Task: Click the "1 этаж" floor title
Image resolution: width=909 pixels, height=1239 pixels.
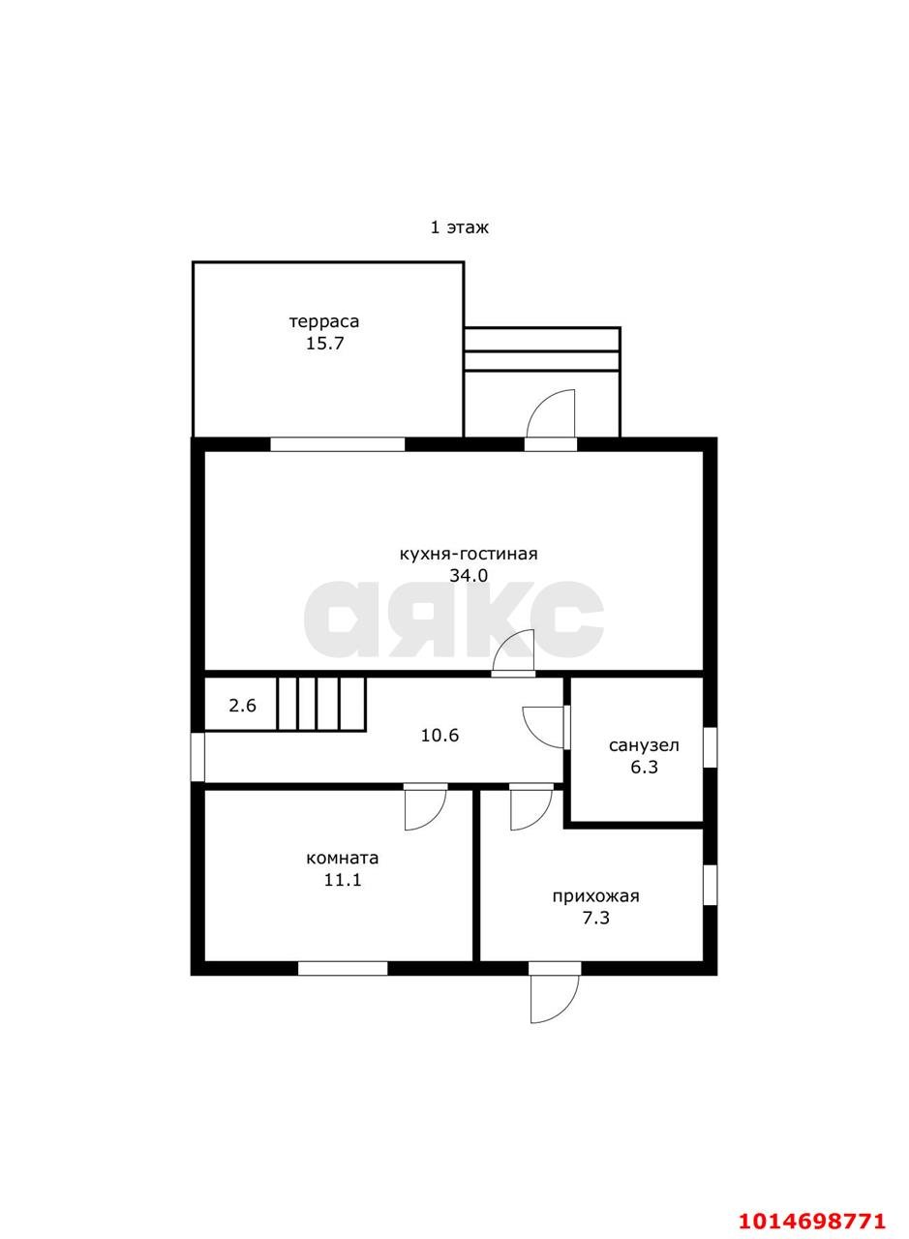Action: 459,227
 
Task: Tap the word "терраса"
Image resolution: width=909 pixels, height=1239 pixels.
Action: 324,321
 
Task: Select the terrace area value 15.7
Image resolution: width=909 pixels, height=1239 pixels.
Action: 325,344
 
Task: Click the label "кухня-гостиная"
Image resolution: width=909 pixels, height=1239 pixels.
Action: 469,555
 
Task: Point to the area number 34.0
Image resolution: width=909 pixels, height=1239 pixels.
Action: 469,576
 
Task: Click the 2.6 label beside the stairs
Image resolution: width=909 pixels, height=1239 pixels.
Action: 242,706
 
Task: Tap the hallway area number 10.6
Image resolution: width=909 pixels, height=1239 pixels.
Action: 439,736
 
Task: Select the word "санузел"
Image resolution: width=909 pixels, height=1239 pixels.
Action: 644,745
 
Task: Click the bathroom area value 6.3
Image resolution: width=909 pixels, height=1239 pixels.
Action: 645,768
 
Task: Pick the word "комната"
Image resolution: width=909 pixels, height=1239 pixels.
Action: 343,859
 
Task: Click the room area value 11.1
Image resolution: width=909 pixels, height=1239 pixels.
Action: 343,880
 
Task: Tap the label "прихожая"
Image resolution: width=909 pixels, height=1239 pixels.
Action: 596,896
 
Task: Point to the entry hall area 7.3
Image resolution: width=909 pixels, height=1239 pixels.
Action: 596,919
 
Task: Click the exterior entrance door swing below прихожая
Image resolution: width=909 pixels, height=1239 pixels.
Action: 555,999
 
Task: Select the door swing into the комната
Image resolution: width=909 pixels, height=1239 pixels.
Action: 425,810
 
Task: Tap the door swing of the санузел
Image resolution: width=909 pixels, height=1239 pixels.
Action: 544,727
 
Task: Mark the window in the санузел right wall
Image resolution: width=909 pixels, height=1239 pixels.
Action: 710,746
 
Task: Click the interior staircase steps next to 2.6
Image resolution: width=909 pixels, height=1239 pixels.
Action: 321,704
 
